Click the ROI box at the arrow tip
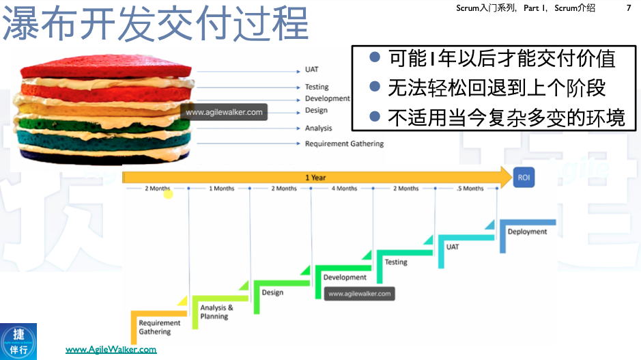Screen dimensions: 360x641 pyautogui.click(x=524, y=178)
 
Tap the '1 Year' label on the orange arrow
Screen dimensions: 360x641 pyautogui.click(x=315, y=178)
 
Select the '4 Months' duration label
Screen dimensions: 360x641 pyautogui.click(x=344, y=189)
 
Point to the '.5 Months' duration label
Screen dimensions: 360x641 pyautogui.click(x=470, y=189)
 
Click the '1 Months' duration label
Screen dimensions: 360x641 pyautogui.click(x=221, y=189)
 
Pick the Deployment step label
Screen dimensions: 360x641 pyautogui.click(x=527, y=232)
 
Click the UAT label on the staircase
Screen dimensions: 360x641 pyautogui.click(x=452, y=247)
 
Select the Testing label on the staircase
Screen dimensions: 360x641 pyautogui.click(x=396, y=262)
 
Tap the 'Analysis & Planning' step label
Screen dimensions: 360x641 pyautogui.click(x=216, y=312)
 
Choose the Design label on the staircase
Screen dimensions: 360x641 pyautogui.click(x=272, y=292)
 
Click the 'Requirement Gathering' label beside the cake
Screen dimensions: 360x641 pyautogui.click(x=344, y=144)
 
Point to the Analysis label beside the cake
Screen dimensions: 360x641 pyautogui.click(x=318, y=128)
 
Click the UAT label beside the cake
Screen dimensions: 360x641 pyautogui.click(x=311, y=70)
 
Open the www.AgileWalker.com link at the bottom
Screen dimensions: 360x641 pyautogui.click(x=111, y=350)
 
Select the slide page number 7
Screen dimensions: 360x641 pyautogui.click(x=628, y=8)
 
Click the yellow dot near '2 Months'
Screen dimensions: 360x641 pyautogui.click(x=168, y=195)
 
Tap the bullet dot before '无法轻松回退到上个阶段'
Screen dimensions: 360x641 pyautogui.click(x=374, y=87)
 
